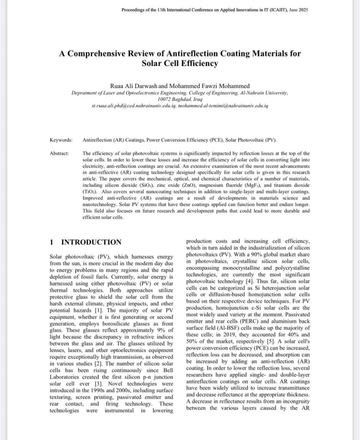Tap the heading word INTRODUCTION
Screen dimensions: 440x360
point(91,242)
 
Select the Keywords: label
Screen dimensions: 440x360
point(61,141)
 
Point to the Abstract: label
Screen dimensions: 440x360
point(59,153)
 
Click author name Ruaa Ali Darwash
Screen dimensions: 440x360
point(132,86)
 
